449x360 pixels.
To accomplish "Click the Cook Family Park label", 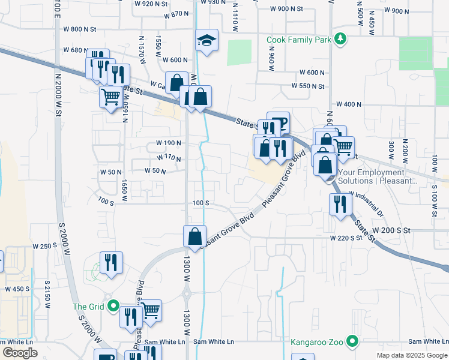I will click(x=300, y=40).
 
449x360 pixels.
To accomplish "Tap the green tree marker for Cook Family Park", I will click(x=341, y=40).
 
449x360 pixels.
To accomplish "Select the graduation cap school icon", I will click(x=206, y=41).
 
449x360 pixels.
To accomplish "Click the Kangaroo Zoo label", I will click(x=318, y=343).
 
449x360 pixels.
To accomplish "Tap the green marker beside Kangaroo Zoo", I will click(x=353, y=343).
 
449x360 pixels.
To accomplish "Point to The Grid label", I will click(x=89, y=307).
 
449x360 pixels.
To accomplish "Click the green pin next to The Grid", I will click(x=113, y=307).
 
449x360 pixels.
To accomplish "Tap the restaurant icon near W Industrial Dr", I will click(x=340, y=204).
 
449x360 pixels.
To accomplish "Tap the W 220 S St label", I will click(x=346, y=238).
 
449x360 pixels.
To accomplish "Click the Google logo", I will click(x=20, y=352).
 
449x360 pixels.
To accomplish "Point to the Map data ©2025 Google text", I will click(x=412, y=355).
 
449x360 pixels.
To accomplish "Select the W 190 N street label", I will click(x=169, y=143).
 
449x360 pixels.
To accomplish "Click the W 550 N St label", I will click(x=308, y=86).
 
